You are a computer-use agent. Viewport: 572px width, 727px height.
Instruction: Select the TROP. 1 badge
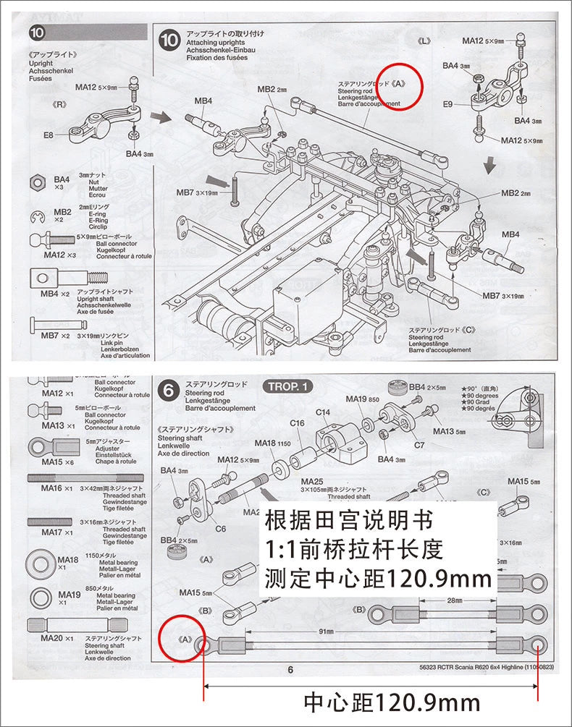click(288, 386)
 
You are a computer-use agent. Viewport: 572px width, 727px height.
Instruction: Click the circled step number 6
click(169, 391)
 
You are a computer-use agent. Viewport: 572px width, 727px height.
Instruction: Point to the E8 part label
click(49, 135)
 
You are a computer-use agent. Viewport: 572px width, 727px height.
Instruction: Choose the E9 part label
click(448, 104)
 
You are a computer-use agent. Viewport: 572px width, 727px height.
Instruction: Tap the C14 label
click(323, 412)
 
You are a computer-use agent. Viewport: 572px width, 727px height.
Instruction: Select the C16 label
click(297, 422)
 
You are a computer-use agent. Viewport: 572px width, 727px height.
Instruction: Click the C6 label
click(221, 528)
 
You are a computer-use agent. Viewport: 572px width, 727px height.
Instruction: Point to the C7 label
click(419, 445)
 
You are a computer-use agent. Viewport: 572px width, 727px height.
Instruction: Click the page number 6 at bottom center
click(290, 670)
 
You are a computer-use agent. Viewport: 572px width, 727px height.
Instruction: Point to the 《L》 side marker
click(424, 40)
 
